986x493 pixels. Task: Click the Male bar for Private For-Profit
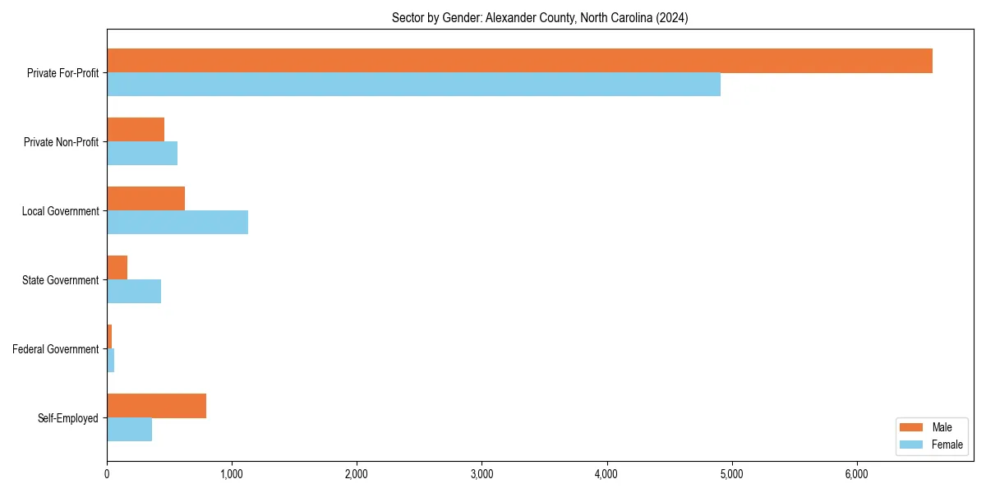(x=519, y=61)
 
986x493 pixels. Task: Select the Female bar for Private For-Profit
(x=413, y=85)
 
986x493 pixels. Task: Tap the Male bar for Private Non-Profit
(x=136, y=130)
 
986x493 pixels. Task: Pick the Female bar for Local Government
(x=177, y=223)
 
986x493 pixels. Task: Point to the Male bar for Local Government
(x=145, y=199)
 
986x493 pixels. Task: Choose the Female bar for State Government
(x=134, y=292)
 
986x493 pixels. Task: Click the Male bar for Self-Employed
(x=156, y=406)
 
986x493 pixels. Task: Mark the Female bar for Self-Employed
(x=129, y=430)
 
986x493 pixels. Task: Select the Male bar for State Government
(x=117, y=268)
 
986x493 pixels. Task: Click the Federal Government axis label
(x=56, y=349)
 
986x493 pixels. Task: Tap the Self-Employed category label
(x=68, y=418)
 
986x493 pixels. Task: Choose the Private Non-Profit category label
(x=61, y=142)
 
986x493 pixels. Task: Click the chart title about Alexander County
(x=540, y=17)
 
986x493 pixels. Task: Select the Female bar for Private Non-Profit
(x=142, y=154)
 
